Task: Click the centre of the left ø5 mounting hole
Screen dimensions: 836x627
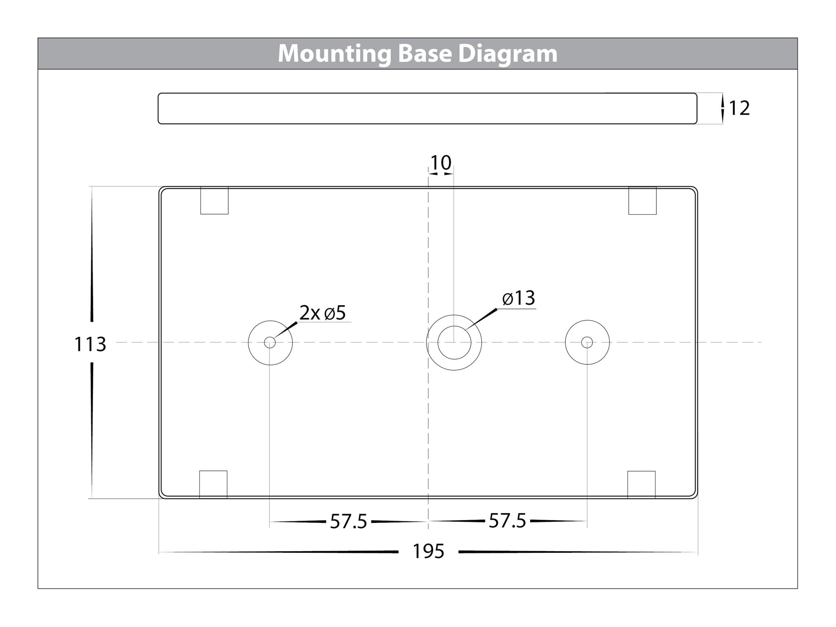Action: click(x=270, y=342)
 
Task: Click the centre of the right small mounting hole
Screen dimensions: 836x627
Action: click(x=587, y=342)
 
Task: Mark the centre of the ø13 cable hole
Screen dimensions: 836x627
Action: click(x=454, y=342)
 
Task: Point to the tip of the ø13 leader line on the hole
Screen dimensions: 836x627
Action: click(x=465, y=330)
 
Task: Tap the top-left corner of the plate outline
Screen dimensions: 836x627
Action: click(x=159, y=187)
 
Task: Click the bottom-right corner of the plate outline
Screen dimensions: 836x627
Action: click(x=698, y=498)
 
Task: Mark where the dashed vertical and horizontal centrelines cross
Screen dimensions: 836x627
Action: click(x=428, y=342)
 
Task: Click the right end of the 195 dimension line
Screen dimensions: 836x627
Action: click(x=698, y=552)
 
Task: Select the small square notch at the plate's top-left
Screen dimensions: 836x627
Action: click(x=214, y=200)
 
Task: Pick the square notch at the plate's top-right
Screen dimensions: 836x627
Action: click(x=643, y=200)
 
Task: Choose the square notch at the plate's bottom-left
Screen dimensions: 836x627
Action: click(x=213, y=485)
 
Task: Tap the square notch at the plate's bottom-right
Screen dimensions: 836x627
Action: click(x=641, y=485)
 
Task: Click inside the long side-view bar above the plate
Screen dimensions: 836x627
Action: click(x=427, y=108)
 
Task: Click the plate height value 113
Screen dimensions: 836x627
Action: click(x=90, y=344)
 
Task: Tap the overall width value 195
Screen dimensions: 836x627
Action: click(x=428, y=551)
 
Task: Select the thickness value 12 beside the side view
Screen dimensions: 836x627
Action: click(x=739, y=108)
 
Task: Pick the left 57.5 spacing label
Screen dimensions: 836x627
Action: click(x=349, y=521)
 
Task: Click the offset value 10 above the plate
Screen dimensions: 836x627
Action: click(x=441, y=162)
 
